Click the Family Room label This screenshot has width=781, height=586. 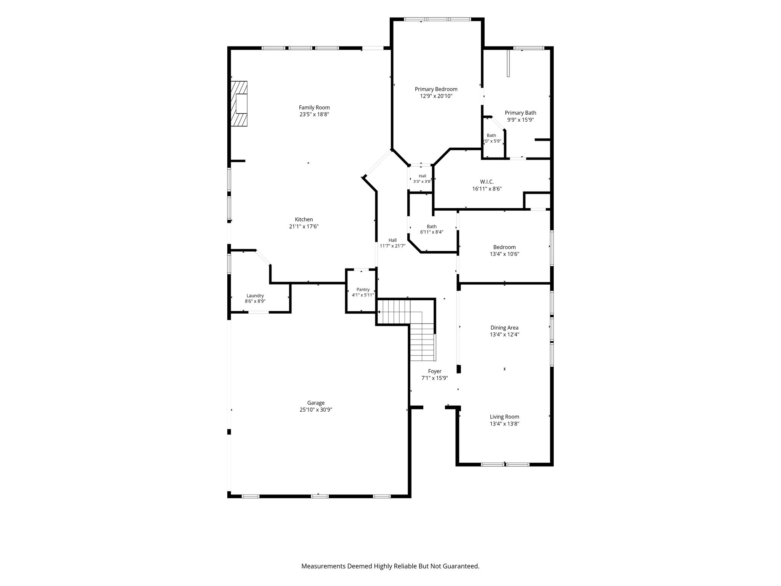[x=314, y=108]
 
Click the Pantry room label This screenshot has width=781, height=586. [x=363, y=290]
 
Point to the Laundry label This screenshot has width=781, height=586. [x=255, y=296]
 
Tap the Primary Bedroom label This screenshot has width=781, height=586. [x=436, y=89]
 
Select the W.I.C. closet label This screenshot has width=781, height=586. [x=487, y=182]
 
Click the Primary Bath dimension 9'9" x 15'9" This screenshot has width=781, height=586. [x=521, y=120]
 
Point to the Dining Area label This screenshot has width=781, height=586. [x=505, y=328]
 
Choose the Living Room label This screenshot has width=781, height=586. [x=505, y=417]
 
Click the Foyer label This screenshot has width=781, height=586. [x=435, y=371]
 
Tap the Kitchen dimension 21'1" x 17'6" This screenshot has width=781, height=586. [x=304, y=227]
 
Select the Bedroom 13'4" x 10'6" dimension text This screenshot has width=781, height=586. [x=505, y=254]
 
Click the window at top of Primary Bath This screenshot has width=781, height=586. [x=528, y=48]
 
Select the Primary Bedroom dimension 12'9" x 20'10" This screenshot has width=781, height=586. [x=436, y=96]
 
